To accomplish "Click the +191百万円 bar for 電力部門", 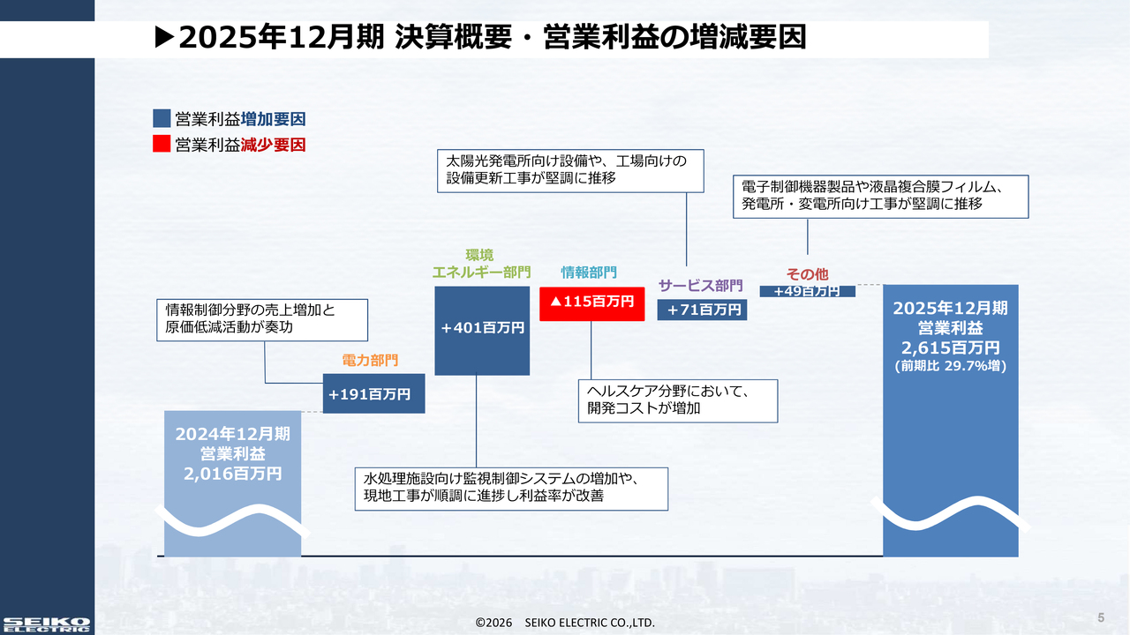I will (x=373, y=394).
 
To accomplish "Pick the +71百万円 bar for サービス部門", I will (x=703, y=310).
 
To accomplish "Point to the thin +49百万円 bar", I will (x=807, y=291).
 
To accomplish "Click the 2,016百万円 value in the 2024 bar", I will (x=233, y=474).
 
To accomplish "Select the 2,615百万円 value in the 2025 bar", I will (x=950, y=347).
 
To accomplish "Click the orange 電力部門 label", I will (x=370, y=360).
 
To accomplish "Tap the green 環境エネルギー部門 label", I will (x=481, y=264).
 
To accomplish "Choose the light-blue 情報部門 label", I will (x=589, y=273).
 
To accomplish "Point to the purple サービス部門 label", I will (x=701, y=285).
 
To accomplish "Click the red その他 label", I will (x=807, y=274).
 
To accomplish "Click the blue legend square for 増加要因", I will (x=162, y=119).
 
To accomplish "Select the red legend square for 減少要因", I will (x=162, y=145).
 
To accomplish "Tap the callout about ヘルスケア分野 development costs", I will (x=678, y=400).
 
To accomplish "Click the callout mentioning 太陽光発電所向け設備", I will (x=571, y=169).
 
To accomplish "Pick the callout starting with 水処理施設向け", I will (x=510, y=488).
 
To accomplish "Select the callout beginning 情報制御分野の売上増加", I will (x=262, y=319).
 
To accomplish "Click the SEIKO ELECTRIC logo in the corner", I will (x=46, y=624).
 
